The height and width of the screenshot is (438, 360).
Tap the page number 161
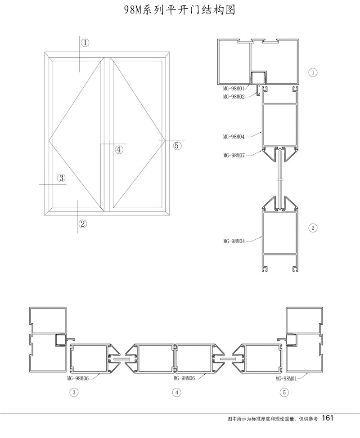click(327, 418)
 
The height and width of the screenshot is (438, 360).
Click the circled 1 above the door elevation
click(85, 43)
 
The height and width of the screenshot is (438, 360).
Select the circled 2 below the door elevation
click(83, 223)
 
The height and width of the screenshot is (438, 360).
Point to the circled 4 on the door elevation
click(118, 150)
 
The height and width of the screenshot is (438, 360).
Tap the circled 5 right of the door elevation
click(177, 145)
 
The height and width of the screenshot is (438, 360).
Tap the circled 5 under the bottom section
click(284, 393)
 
